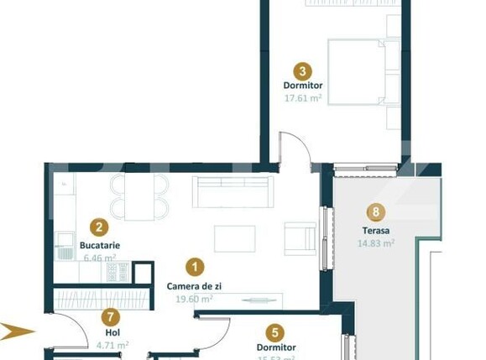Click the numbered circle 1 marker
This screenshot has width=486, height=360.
(195, 268)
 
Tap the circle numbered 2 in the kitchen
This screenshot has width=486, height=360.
(100, 227)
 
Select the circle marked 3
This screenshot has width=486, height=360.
(303, 72)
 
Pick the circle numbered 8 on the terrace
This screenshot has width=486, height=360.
(376, 212)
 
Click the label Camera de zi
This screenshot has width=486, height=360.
(195, 286)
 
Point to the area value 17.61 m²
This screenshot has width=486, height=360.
(303, 97)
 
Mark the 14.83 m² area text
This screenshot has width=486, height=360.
(376, 243)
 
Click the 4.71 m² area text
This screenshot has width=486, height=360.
(111, 345)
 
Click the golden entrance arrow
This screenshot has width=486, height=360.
(18, 330)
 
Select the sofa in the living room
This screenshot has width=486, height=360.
(232, 192)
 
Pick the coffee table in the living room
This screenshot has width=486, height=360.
(234, 238)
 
